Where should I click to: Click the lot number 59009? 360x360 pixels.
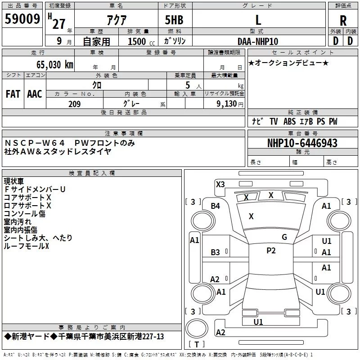(22, 19)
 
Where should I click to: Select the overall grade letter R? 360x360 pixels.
(343, 21)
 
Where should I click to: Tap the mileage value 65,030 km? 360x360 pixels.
(55, 65)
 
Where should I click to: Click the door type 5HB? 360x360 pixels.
(174, 20)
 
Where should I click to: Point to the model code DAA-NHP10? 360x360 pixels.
(258, 41)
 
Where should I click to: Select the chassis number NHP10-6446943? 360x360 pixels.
(302, 143)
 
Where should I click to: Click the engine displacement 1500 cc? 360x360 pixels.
(141, 41)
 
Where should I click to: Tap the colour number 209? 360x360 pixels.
(75, 104)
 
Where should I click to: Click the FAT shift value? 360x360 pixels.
(13, 94)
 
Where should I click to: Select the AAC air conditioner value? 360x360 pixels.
(35, 94)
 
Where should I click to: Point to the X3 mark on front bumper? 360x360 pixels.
(220, 184)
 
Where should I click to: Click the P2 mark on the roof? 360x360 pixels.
(271, 251)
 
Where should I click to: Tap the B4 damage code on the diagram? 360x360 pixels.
(216, 206)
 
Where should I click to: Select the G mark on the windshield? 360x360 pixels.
(284, 237)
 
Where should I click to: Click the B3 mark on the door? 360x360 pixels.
(216, 252)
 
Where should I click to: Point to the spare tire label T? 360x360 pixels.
(197, 344)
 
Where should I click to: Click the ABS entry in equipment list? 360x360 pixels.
(289, 121)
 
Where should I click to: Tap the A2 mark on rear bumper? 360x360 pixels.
(220, 333)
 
